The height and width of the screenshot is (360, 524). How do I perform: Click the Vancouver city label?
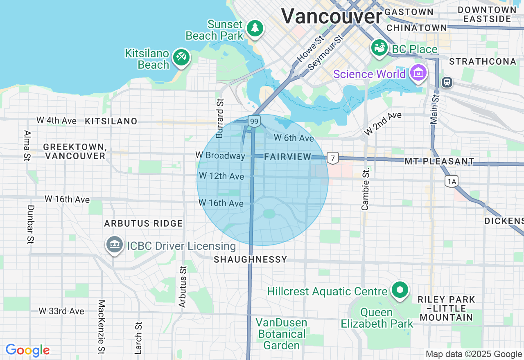[331, 17]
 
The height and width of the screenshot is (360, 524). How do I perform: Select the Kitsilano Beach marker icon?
[181, 57]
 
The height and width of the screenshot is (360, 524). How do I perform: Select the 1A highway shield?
[452, 181]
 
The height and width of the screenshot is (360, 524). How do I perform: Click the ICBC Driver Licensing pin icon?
[115, 245]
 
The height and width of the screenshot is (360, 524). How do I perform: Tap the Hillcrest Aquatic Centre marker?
[400, 290]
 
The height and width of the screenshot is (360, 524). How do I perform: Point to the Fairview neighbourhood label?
[287, 157]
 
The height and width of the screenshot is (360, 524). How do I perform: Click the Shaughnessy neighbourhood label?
[251, 259]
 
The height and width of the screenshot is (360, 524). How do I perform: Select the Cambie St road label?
[366, 189]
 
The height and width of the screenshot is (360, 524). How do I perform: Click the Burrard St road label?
[220, 118]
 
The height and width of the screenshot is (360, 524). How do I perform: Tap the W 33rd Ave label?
[62, 311]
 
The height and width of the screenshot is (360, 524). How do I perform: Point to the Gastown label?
[409, 12]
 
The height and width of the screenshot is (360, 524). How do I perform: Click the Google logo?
[28, 351]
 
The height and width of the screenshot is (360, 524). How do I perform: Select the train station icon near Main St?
[447, 82]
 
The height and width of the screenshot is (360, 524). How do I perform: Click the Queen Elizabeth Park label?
[377, 318]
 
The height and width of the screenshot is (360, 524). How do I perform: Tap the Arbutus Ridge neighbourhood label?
[143, 223]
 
